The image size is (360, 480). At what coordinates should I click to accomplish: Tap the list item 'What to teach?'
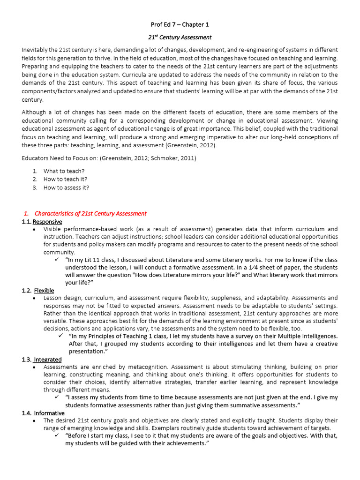click(64, 171)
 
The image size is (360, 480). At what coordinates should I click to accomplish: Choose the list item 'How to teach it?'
click(66, 179)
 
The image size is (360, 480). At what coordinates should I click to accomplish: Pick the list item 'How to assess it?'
click(66, 187)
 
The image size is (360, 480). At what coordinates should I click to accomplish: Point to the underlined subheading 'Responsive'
click(47, 221)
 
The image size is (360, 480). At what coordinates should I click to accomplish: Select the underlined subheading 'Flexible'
click(44, 291)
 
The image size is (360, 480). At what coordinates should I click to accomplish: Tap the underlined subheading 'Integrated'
click(48, 360)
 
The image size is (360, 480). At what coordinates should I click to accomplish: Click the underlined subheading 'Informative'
click(49, 413)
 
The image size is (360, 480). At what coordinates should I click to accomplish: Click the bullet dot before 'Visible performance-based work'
click(36, 229)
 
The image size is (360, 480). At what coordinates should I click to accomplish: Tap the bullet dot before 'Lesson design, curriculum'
click(36, 298)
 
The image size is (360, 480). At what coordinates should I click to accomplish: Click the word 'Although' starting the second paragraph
click(34, 112)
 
